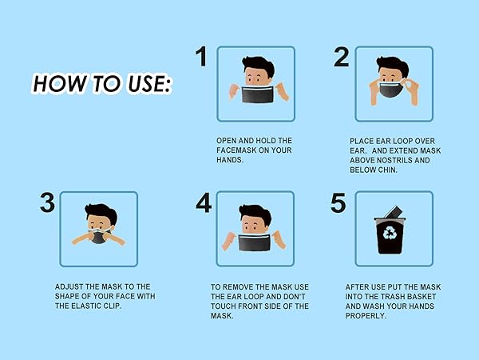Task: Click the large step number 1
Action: point(201,56)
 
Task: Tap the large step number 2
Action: point(341,57)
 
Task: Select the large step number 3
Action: point(47,202)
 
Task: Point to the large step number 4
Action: point(204,202)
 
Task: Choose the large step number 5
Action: point(338,202)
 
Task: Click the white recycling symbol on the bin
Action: point(390,233)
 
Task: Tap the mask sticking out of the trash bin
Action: point(393,211)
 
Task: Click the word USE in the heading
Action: point(149,83)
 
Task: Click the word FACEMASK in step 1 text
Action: point(236,150)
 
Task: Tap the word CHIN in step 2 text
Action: point(387,170)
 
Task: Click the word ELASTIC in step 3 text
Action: point(86,306)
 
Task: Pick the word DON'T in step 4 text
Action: point(294,297)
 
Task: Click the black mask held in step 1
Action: point(257,94)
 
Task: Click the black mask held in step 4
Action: point(254,242)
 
